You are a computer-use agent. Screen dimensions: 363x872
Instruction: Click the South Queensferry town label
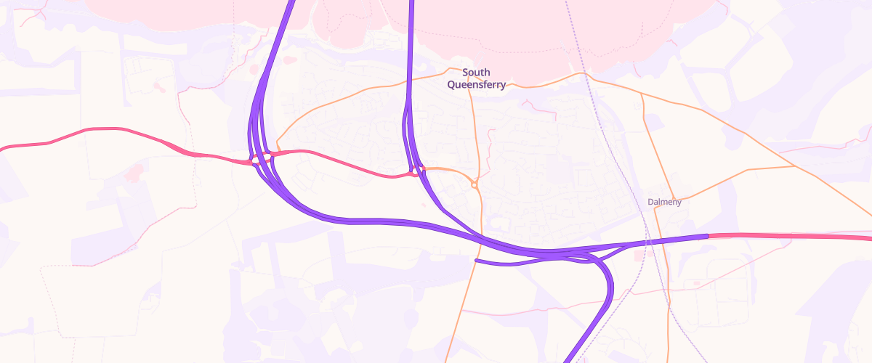tap(477, 78)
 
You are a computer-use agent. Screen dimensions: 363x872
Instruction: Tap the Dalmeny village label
tap(664, 202)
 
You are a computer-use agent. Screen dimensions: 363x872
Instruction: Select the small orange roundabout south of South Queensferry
tap(475, 185)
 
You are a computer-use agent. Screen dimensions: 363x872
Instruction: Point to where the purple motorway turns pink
tap(708, 236)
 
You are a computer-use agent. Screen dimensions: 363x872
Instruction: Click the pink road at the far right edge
tap(865, 237)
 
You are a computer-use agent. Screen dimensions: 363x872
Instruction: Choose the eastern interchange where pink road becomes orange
tap(417, 171)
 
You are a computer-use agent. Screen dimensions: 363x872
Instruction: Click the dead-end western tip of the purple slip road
tap(476, 261)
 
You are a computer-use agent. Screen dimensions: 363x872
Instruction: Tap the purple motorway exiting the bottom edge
tap(570, 357)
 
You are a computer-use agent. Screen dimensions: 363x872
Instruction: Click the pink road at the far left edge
tap(6, 148)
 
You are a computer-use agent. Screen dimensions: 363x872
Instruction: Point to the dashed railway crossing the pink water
tap(574, 36)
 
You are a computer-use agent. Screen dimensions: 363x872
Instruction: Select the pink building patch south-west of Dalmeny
tap(639, 256)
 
